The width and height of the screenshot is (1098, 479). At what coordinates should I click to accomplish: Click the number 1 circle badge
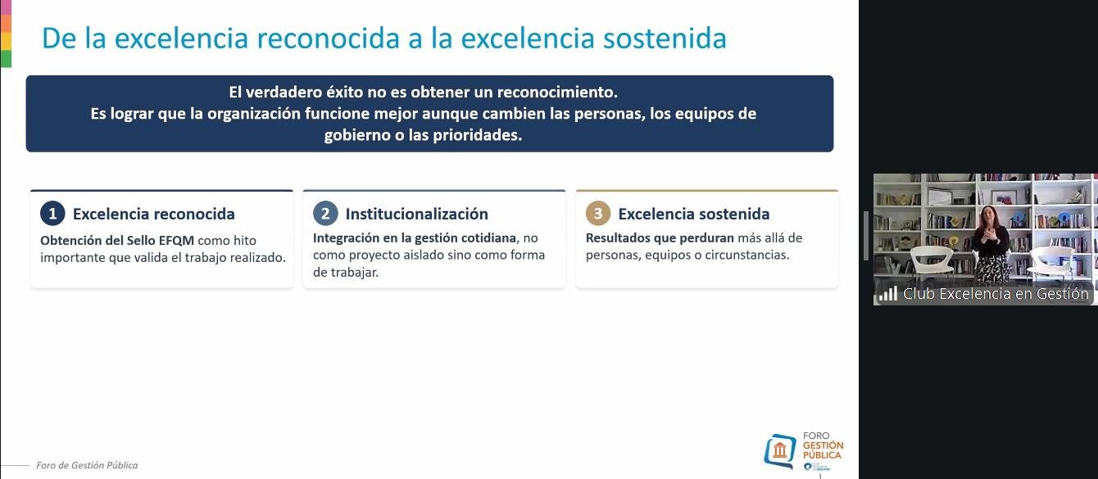coord(52,214)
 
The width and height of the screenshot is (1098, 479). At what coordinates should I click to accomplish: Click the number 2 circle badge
coord(325,214)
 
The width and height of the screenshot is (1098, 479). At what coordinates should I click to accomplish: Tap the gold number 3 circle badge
coord(598,214)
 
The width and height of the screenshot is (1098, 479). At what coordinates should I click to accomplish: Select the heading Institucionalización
coord(416,214)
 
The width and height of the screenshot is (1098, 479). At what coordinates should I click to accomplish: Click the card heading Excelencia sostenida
coord(693,214)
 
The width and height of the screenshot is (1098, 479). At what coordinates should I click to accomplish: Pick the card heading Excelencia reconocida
coord(153,214)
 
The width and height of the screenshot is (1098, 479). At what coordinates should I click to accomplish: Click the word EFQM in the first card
coord(177,240)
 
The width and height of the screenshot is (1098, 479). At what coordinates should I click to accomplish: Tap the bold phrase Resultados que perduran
coord(660,238)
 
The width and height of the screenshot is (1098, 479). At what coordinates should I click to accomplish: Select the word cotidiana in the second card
coord(488,238)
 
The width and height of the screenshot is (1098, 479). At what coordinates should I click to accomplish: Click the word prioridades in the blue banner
coord(479,136)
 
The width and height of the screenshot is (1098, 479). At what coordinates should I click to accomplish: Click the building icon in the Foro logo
coord(779,450)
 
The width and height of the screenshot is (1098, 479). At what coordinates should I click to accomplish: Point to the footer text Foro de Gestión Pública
coord(87,465)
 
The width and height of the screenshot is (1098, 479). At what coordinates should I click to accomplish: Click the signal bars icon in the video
coord(887,294)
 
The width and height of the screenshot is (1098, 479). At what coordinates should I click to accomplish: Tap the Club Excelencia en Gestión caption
coord(995,294)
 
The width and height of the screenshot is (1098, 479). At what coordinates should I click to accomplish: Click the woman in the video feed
coord(991,242)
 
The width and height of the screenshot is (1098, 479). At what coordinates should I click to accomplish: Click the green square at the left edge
coord(6,58)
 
